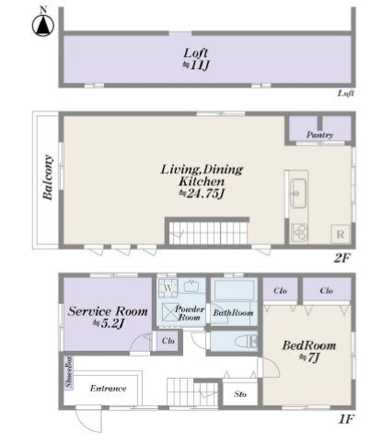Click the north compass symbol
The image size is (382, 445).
point(43,23)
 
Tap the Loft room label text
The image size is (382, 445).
point(196,53)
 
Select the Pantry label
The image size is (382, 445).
point(319,135)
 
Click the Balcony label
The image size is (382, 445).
point(48,177)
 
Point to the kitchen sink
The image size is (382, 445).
point(298,193)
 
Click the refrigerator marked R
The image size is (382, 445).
point(341,235)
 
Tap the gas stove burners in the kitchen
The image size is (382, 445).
point(299,232)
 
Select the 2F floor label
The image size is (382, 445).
point(341,258)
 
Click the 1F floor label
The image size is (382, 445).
point(346,419)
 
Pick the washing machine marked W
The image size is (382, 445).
point(168,288)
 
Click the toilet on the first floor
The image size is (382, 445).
point(246,342)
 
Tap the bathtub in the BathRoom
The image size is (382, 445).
point(235,290)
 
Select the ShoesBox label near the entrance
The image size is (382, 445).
point(68,371)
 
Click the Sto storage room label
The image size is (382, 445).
point(240,394)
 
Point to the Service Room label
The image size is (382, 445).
point(108,311)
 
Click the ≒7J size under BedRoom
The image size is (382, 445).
point(309,357)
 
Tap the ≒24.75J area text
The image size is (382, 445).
point(203,193)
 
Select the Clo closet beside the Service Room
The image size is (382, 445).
point(168,341)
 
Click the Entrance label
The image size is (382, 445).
point(108,389)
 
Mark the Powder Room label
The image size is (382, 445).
point(190,313)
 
